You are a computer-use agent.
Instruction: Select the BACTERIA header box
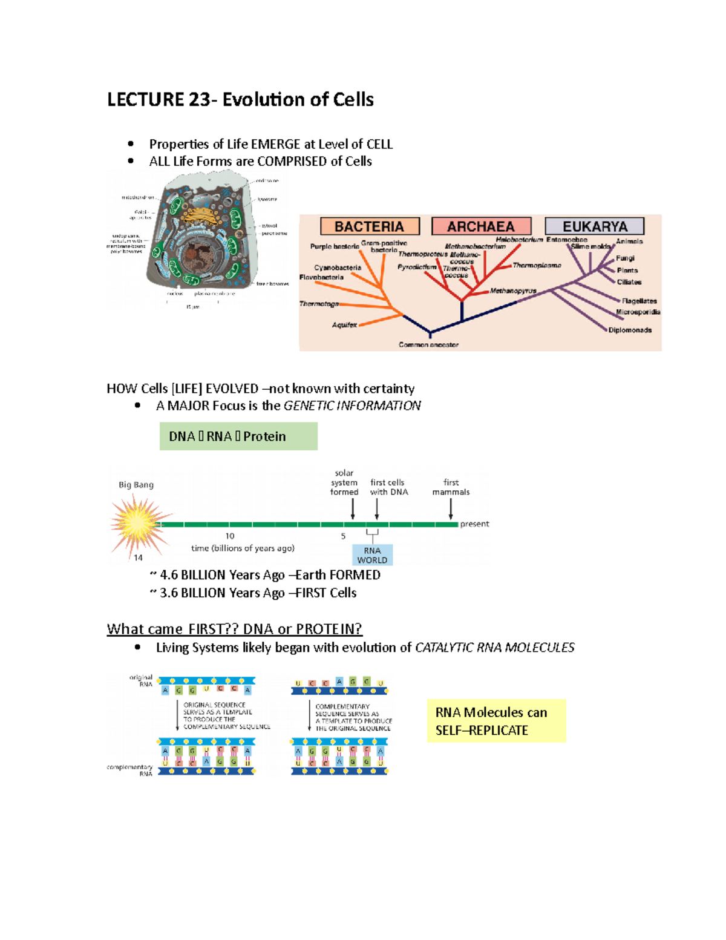point(369,226)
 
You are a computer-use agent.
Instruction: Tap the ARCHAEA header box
point(481,226)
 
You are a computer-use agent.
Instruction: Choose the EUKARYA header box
point(595,226)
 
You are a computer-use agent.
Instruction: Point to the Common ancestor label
point(428,345)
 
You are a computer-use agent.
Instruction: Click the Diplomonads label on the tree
point(630,330)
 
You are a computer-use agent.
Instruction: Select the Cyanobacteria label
point(338,268)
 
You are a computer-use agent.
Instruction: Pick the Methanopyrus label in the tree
point(513,291)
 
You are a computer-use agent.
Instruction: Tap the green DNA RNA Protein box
point(238,436)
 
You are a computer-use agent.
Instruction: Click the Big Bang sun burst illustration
point(137,523)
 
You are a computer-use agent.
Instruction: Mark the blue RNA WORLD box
point(372,555)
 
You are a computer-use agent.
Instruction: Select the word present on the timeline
point(474,524)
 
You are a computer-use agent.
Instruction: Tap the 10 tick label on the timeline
point(230,536)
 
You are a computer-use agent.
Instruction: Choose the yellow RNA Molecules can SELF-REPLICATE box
point(496,721)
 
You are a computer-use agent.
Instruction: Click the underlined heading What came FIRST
point(234,629)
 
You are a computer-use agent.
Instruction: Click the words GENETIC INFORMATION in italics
point(352,406)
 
